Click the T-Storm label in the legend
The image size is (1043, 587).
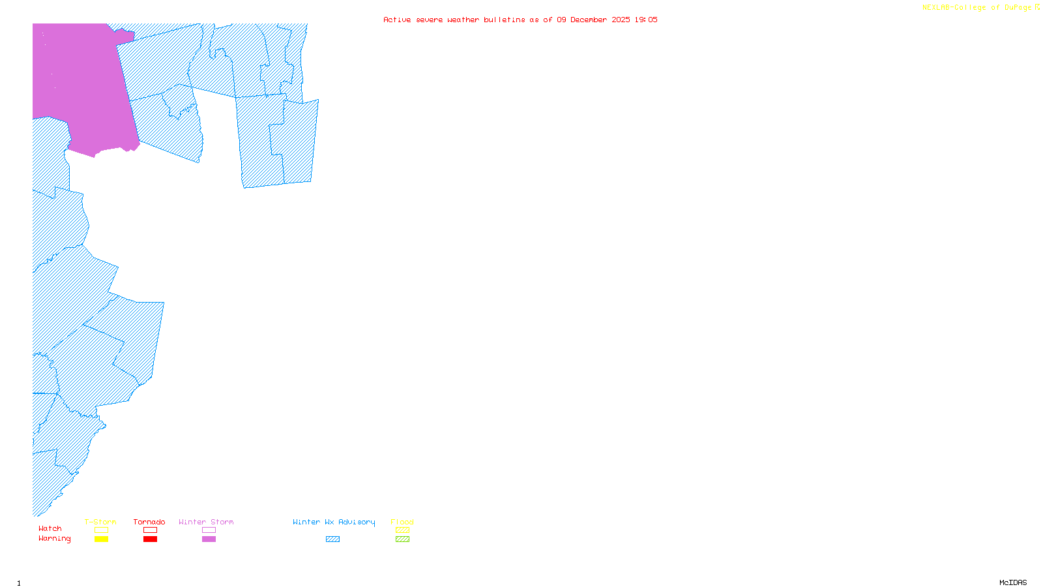100,522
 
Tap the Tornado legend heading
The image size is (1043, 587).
149,522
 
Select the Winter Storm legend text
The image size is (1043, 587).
206,522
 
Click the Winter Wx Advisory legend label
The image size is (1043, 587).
334,522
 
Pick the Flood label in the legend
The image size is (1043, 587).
402,522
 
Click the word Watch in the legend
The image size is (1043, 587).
50,528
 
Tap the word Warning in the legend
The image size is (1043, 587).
54,539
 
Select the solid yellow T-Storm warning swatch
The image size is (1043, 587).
101,539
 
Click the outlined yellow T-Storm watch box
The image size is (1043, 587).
101,530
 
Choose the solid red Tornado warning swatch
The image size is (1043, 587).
150,539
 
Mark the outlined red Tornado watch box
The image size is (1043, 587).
150,530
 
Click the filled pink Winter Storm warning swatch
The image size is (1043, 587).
209,539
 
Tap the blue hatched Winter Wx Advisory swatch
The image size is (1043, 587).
332,539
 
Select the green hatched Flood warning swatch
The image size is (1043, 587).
402,539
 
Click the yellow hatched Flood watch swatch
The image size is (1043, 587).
402,530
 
